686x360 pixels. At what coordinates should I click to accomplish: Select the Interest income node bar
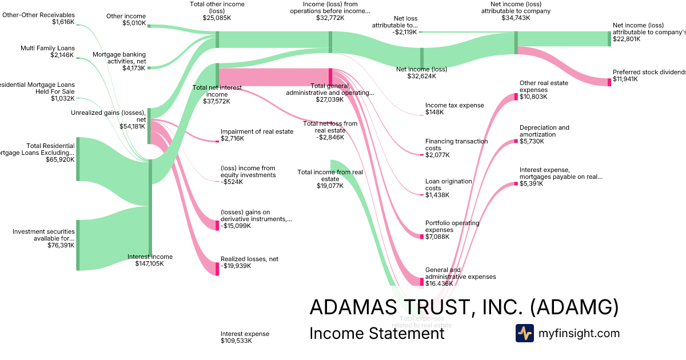pos(150,209)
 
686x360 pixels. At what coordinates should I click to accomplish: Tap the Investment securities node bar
pos(78,245)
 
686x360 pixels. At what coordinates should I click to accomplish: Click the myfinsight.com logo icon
pos(524,333)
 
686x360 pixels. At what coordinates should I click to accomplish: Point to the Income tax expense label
pos(454,105)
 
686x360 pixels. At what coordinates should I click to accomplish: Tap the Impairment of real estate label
pos(257,131)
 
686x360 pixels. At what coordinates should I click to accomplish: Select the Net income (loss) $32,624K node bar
pos(422,58)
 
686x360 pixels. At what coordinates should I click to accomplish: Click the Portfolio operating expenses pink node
pos(422,236)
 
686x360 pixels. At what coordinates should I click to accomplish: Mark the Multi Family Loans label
pos(47,48)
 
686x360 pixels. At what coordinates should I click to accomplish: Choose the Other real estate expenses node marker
pos(516,97)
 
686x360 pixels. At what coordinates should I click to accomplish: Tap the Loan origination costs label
pos(448,185)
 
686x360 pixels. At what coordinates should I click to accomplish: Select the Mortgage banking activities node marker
pos(150,68)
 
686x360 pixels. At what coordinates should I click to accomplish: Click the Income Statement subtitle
pos(377,333)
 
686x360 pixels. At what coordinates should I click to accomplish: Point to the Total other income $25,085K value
pos(217,18)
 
